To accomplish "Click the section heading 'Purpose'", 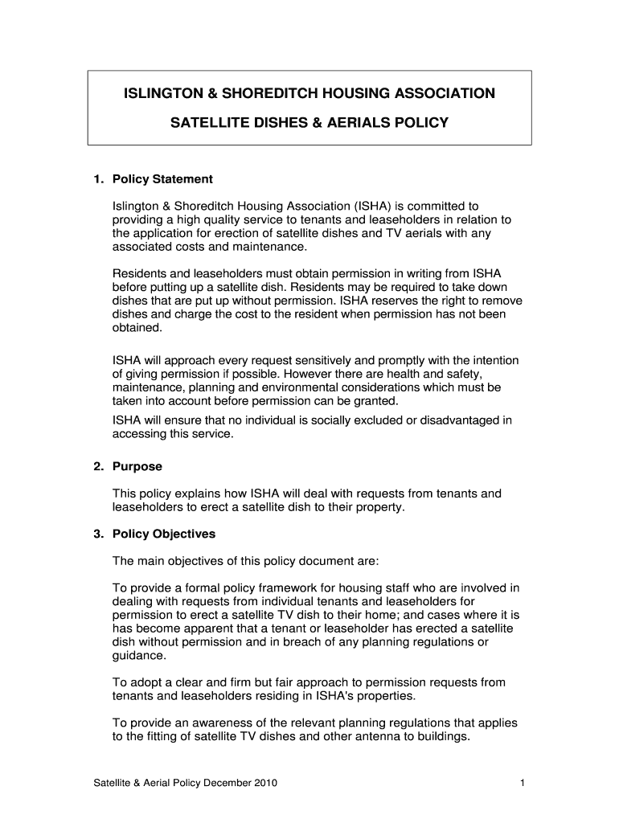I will click(x=137, y=466).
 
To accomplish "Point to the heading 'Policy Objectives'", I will click(x=164, y=534).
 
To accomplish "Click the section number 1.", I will click(x=97, y=178).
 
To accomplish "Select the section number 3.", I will click(x=97, y=534).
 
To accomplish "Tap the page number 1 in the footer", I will click(x=523, y=783).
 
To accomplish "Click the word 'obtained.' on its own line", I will click(x=137, y=328).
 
